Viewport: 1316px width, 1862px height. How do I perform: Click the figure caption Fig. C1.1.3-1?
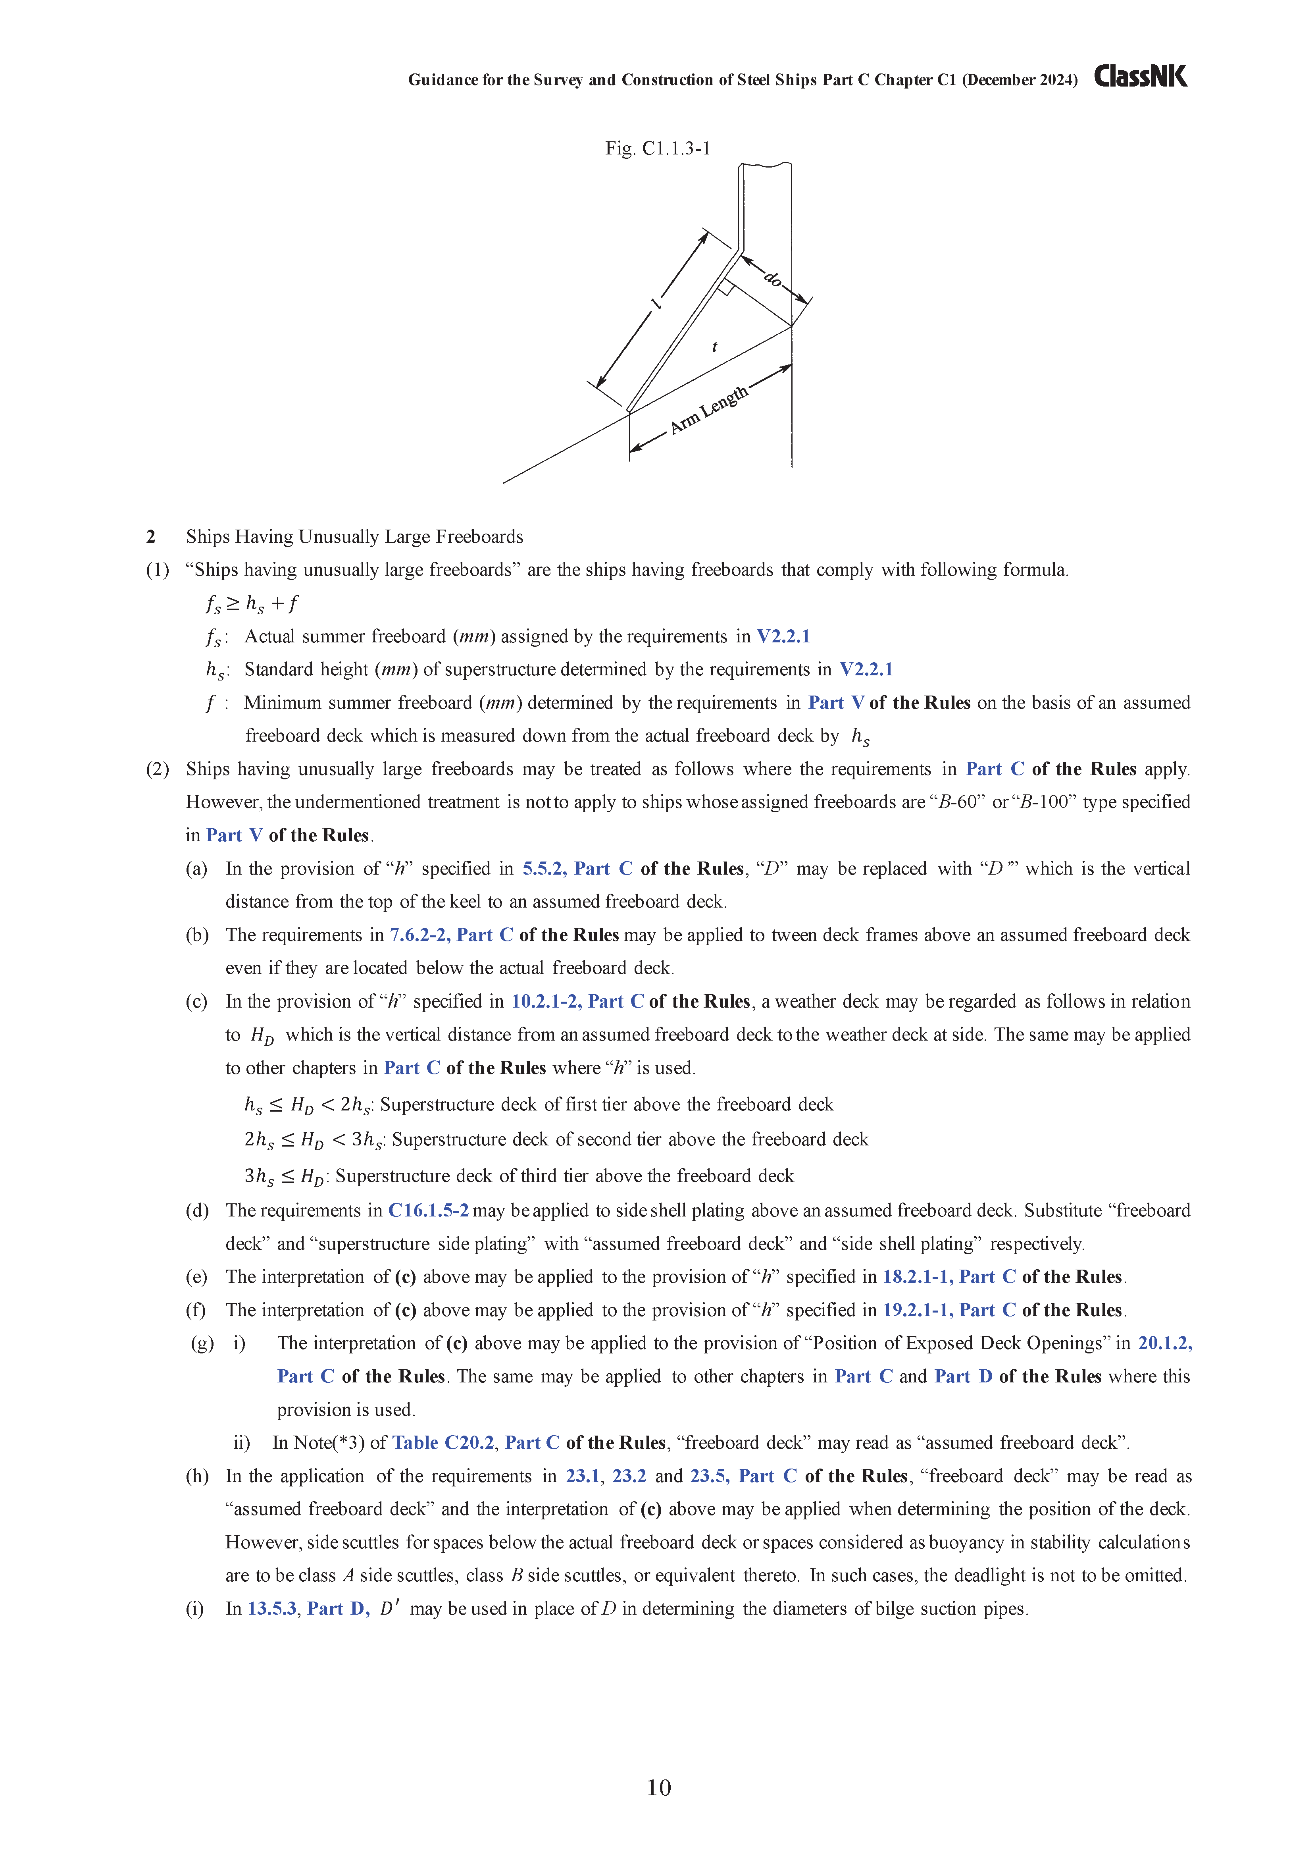tap(658, 148)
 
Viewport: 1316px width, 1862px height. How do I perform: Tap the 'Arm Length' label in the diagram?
tap(708, 411)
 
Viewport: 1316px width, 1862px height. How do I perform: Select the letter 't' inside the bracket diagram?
tap(714, 347)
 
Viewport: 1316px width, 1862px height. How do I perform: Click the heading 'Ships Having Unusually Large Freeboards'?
tap(354, 537)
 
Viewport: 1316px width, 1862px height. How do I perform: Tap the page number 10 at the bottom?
tap(658, 1787)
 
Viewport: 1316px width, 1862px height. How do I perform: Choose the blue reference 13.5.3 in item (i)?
tap(271, 1609)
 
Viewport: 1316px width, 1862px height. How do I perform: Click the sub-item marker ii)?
tap(242, 1443)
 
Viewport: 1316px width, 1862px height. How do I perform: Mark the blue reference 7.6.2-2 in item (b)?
tap(419, 935)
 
